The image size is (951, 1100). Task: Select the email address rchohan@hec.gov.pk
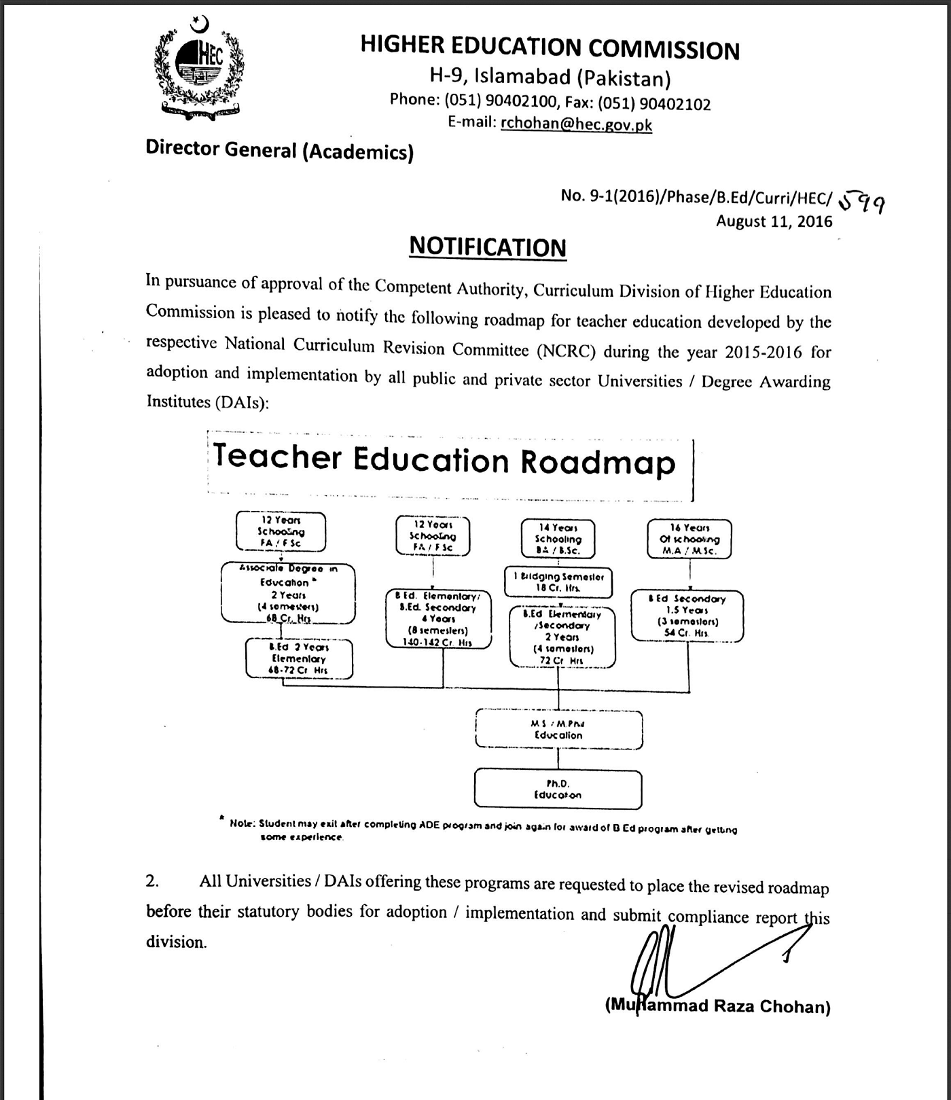pyautogui.click(x=576, y=124)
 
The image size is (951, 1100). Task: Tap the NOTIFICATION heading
pyautogui.click(x=487, y=247)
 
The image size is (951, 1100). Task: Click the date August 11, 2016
pyautogui.click(x=774, y=221)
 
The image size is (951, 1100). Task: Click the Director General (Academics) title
pyautogui.click(x=279, y=150)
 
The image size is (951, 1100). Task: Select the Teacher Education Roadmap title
pyautogui.click(x=444, y=459)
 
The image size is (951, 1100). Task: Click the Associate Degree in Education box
pyautogui.click(x=288, y=593)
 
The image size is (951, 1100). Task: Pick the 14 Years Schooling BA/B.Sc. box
pyautogui.click(x=558, y=539)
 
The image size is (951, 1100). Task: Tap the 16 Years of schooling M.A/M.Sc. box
pyautogui.click(x=689, y=539)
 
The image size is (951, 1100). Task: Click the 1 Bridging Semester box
pyautogui.click(x=558, y=582)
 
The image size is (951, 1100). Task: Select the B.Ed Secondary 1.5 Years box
pyautogui.click(x=687, y=616)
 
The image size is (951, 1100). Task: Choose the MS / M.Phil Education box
pyautogui.click(x=558, y=730)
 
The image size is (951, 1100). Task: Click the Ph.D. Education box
pyautogui.click(x=558, y=789)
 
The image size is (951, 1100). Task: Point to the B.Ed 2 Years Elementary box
pyautogui.click(x=299, y=658)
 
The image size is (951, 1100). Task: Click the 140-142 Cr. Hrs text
pyautogui.click(x=437, y=641)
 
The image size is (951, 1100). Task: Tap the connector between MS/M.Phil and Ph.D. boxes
pyautogui.click(x=558, y=758)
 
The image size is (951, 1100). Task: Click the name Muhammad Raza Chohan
pyautogui.click(x=717, y=1006)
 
